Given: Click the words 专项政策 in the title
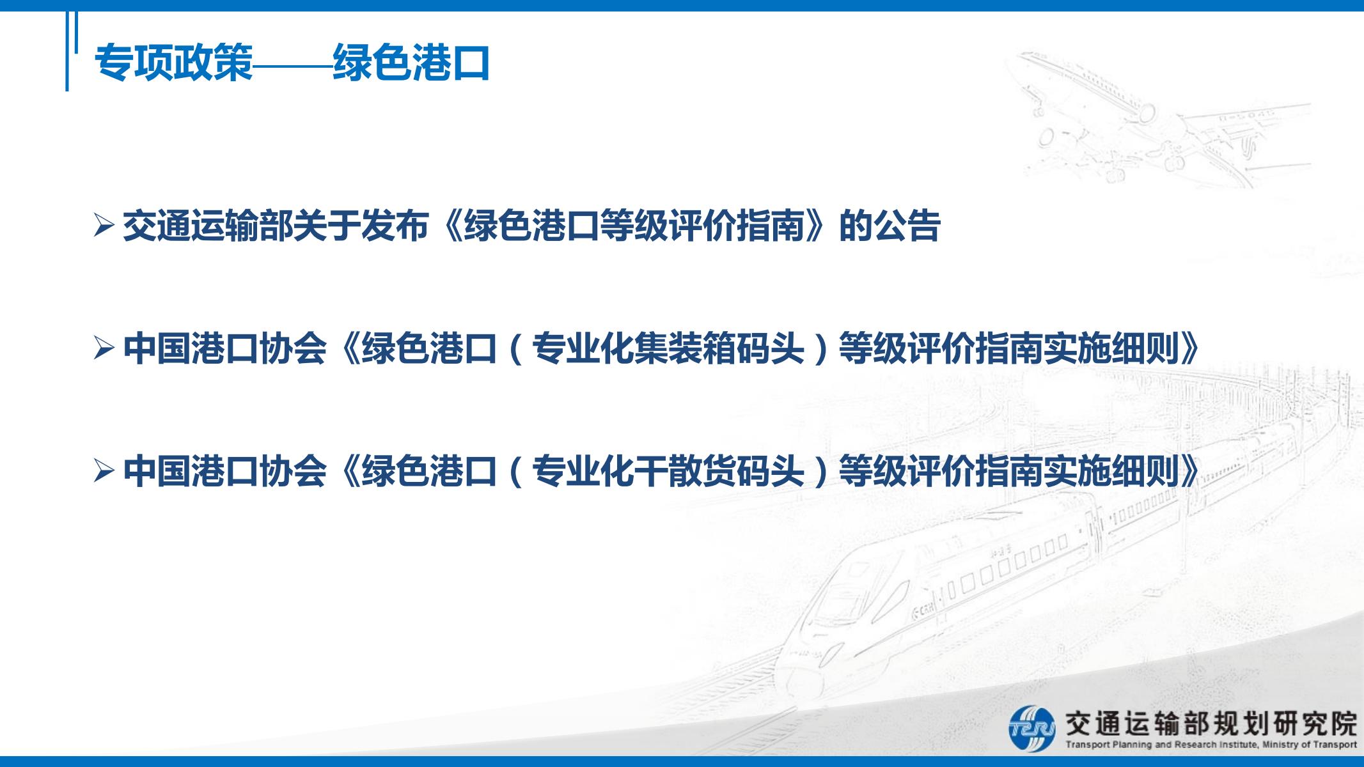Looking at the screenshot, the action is [174, 63].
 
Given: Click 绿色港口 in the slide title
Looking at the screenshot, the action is [411, 63].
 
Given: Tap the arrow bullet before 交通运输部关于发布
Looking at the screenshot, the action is [104, 226].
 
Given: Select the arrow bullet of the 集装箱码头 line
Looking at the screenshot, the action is [104, 348].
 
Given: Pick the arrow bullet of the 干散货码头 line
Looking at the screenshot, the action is [104, 472].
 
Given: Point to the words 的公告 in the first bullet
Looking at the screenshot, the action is [890, 226].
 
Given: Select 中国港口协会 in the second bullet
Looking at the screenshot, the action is [225, 348].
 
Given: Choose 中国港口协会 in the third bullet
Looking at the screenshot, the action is [225, 472].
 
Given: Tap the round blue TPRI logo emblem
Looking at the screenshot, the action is [1031, 728].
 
